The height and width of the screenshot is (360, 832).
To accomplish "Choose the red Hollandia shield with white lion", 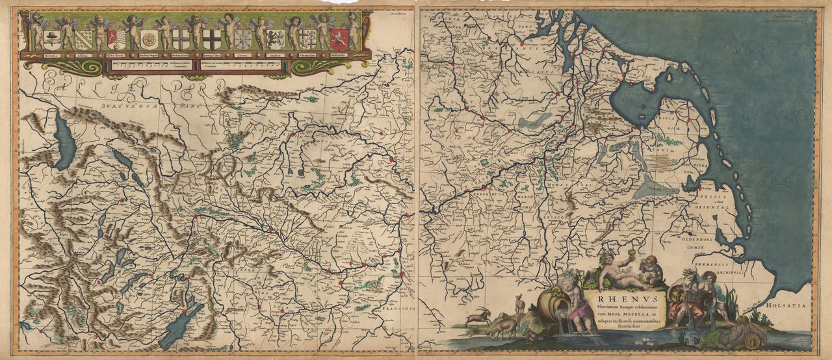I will [x=339, y=39].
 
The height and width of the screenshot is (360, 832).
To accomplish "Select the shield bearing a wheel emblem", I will [x=149, y=39].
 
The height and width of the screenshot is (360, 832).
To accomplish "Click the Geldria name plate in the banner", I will [x=274, y=56].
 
